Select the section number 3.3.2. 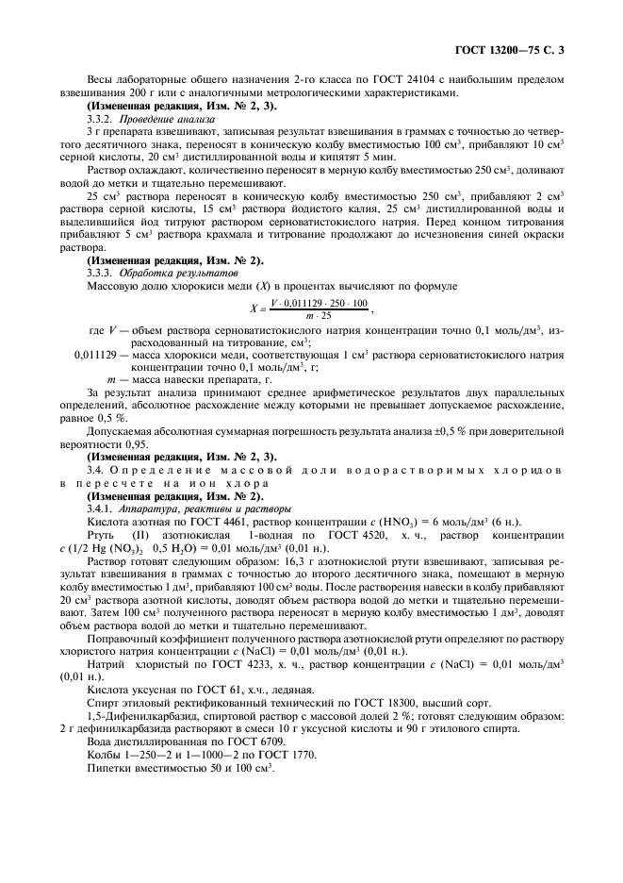pyautogui.click(x=101, y=121)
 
